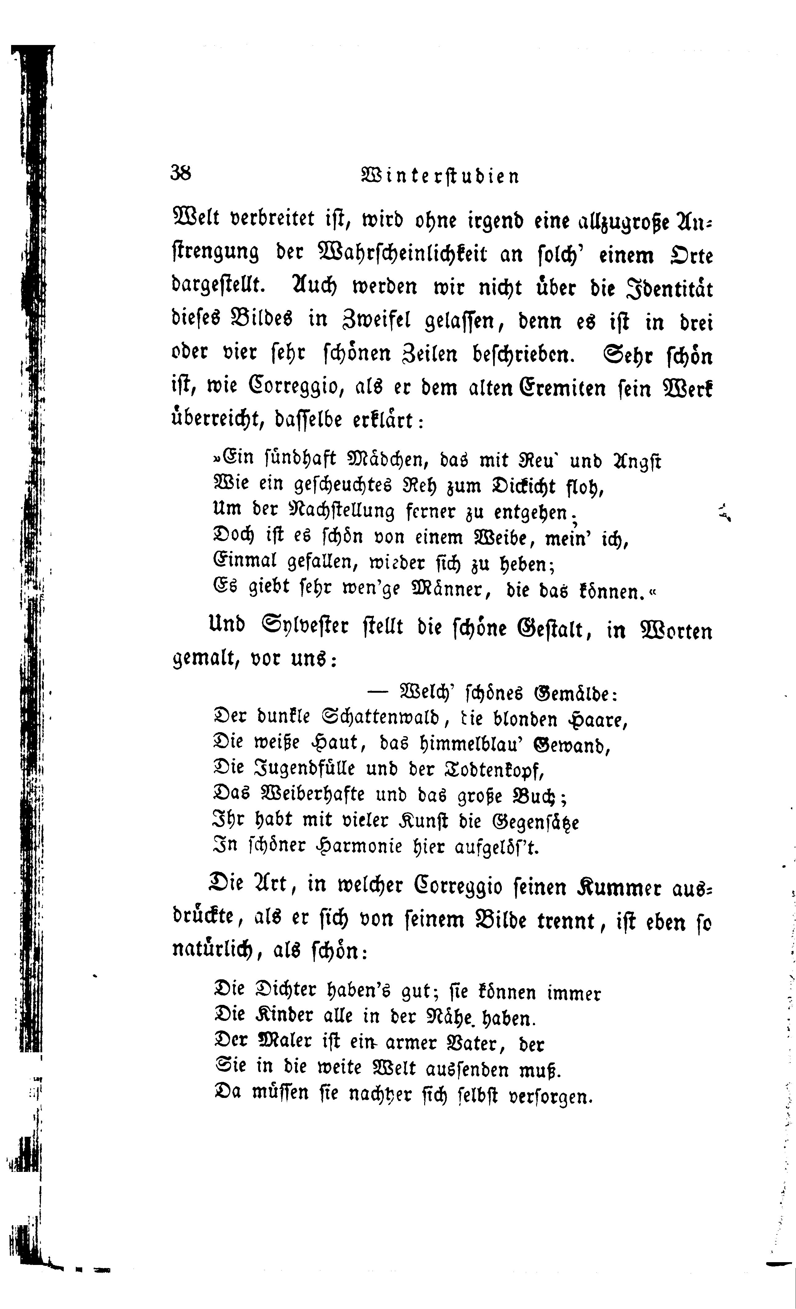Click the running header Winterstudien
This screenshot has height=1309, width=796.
click(440, 176)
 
